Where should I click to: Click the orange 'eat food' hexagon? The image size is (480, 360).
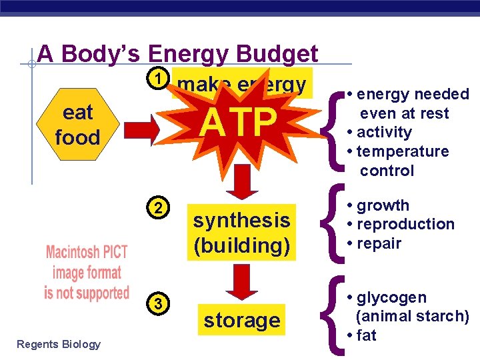(x=77, y=125)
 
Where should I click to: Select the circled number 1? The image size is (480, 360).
(x=157, y=79)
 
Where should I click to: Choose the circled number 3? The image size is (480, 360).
(x=157, y=304)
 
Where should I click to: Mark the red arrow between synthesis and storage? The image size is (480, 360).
(x=241, y=281)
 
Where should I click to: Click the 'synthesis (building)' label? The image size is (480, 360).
(x=241, y=233)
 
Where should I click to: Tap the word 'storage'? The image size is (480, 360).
(x=241, y=321)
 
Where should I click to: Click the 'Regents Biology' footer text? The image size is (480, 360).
(x=59, y=344)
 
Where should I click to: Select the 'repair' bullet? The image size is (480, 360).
(x=378, y=243)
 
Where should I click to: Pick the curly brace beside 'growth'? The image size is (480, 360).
(x=333, y=224)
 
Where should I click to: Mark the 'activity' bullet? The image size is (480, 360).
(x=383, y=132)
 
